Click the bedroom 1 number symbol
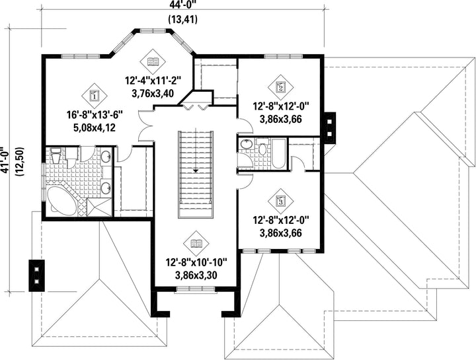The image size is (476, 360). [x=94, y=96]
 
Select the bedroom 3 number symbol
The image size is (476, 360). [x=281, y=200]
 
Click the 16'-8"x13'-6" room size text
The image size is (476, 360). [x=95, y=115]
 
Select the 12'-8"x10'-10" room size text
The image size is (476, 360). [x=196, y=262]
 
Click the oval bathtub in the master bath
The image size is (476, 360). [x=62, y=200]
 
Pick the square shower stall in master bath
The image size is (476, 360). [x=99, y=207]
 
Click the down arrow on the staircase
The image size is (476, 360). [x=196, y=170]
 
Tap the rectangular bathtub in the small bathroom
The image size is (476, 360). [x=278, y=154]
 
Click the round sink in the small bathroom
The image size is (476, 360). [x=246, y=145]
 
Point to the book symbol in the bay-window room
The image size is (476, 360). [x=153, y=61]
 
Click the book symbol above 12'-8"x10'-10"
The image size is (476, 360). [x=196, y=244]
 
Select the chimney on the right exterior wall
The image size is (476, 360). [x=330, y=127]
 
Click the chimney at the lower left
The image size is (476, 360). [x=36, y=275]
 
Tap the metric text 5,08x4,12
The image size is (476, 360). [x=95, y=127]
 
